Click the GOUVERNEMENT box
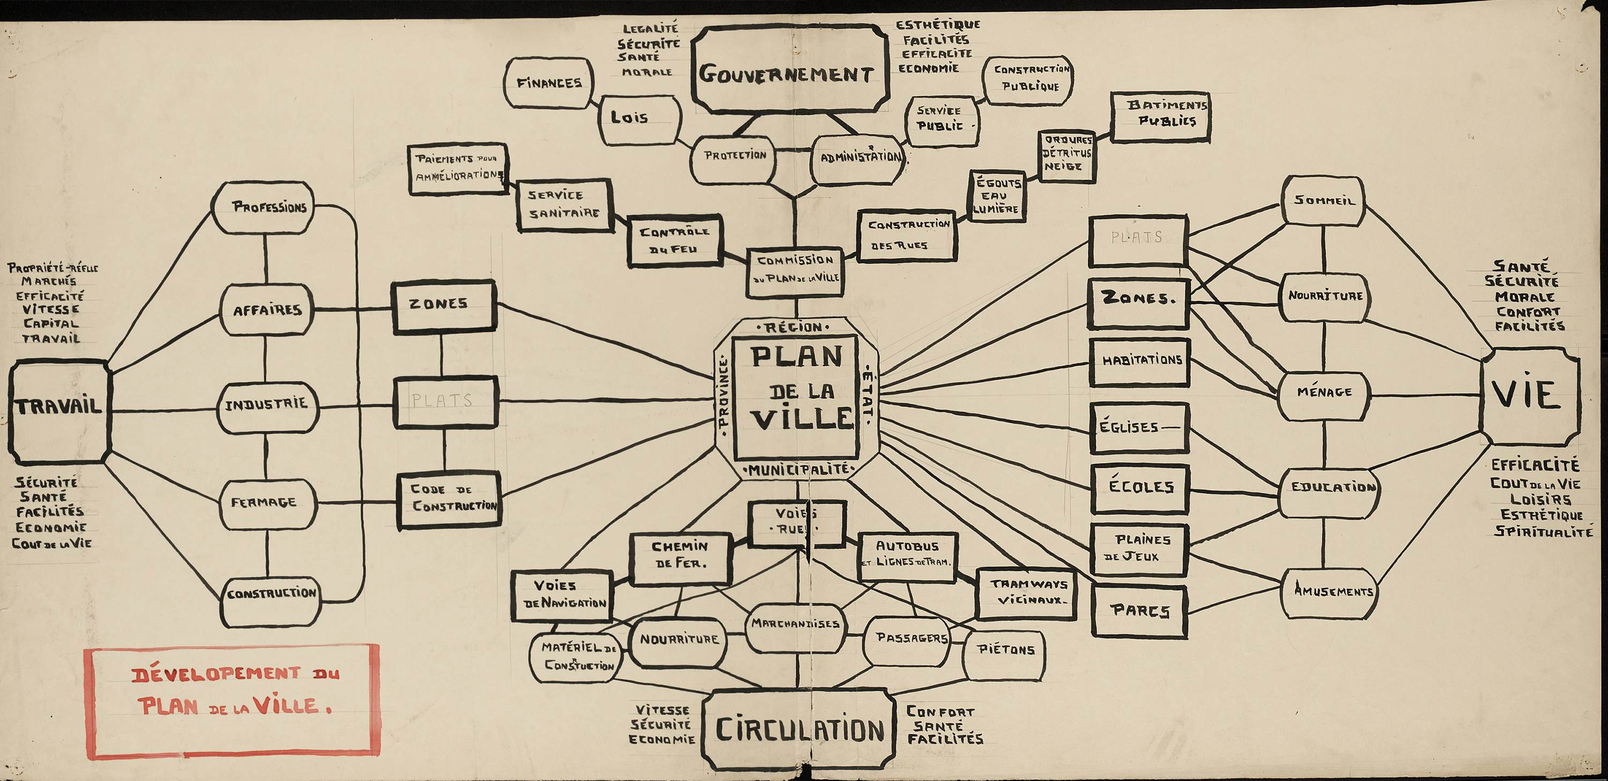pyautogui.click(x=790, y=70)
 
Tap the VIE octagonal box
pyautogui.click(x=1529, y=395)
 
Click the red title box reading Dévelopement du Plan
pyautogui.click(x=232, y=701)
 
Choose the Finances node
pyautogui.click(x=549, y=82)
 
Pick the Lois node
pyautogui.click(x=638, y=119)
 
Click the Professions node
pyautogui.click(x=263, y=207)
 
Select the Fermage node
pyautogui.click(x=266, y=503)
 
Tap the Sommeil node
pyautogui.click(x=1323, y=201)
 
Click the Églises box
pyautogui.click(x=1138, y=427)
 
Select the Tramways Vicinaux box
pyautogui.click(x=1025, y=593)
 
